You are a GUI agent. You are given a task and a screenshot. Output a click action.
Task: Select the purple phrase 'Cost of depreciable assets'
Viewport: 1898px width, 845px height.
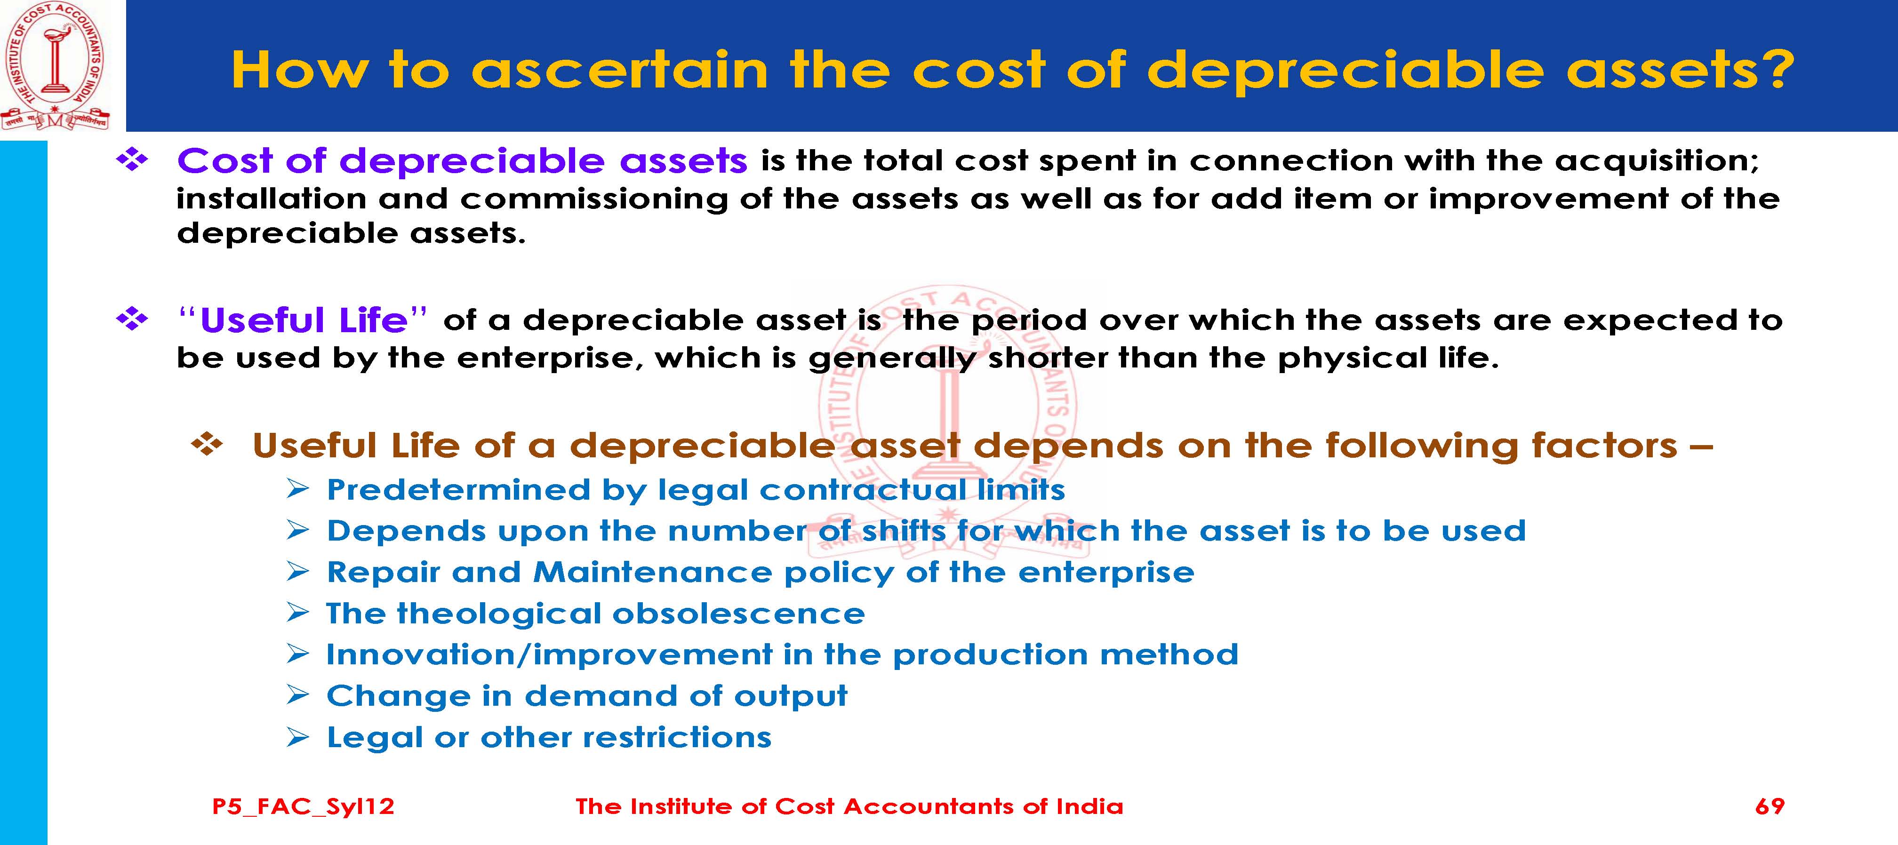[462, 160]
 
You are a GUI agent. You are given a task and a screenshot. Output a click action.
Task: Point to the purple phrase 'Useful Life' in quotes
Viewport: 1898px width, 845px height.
[304, 320]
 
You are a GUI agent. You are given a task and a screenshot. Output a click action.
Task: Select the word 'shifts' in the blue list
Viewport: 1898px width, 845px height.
[903, 530]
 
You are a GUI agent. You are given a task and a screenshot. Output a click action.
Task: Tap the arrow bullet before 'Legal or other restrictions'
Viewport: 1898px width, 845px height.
[298, 737]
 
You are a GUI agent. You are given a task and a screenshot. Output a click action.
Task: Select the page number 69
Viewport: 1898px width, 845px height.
[1770, 806]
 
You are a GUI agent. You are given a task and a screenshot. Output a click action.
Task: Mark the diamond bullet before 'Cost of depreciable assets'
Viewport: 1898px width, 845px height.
[133, 160]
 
